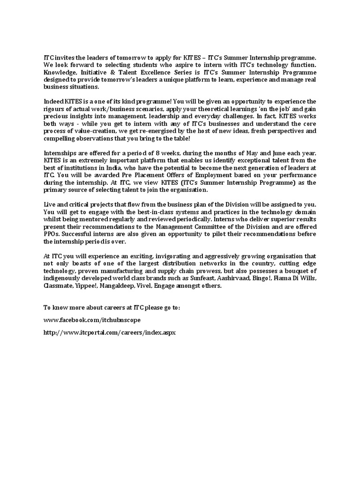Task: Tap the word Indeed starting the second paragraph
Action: (54, 101)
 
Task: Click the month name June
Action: (277, 153)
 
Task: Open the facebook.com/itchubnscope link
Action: (92, 320)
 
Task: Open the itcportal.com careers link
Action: (109, 332)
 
